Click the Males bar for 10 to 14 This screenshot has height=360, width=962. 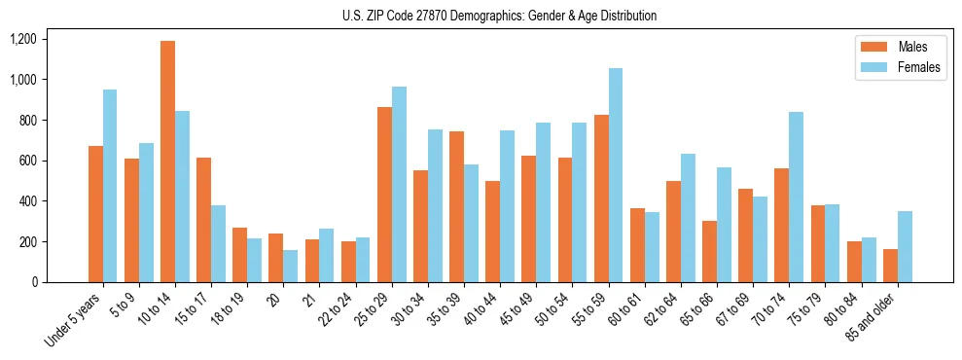pyautogui.click(x=168, y=162)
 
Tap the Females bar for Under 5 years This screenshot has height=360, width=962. pyautogui.click(x=110, y=186)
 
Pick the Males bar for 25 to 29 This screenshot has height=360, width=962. pyautogui.click(x=384, y=195)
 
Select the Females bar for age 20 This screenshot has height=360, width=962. pyautogui.click(x=291, y=266)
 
